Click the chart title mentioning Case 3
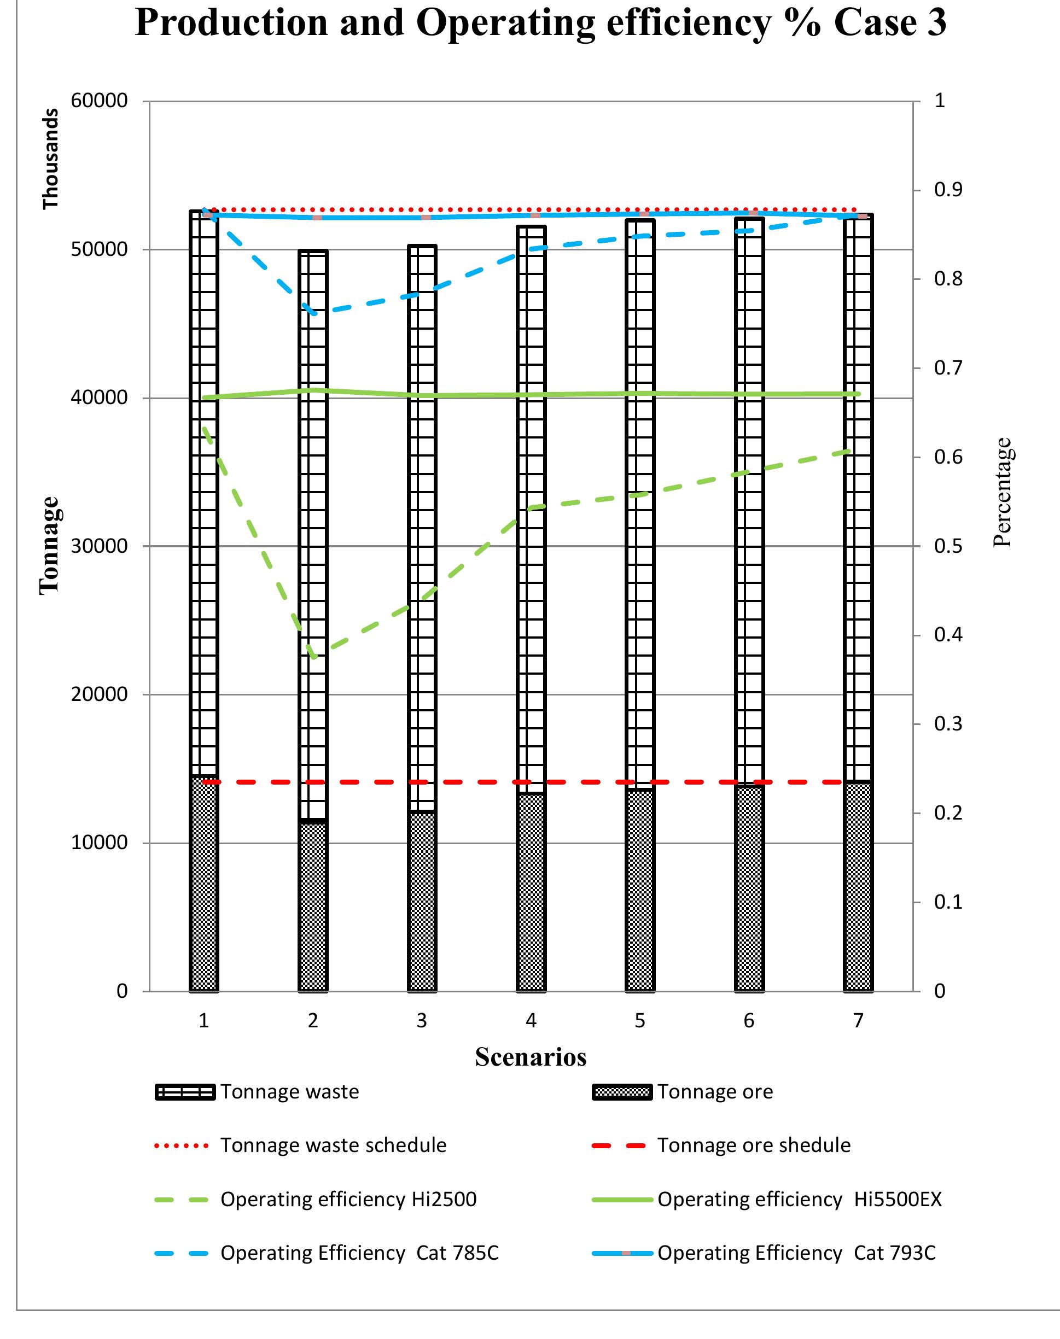(540, 24)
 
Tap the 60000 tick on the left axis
(100, 101)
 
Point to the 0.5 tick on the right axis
(948, 546)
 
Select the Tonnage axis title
(50, 546)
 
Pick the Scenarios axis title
(531, 1057)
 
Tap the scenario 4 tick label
(531, 1021)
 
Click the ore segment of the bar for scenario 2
(313, 906)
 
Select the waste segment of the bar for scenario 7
(858, 496)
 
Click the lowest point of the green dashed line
(314, 657)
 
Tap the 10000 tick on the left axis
(100, 843)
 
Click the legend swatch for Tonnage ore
(622, 1092)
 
